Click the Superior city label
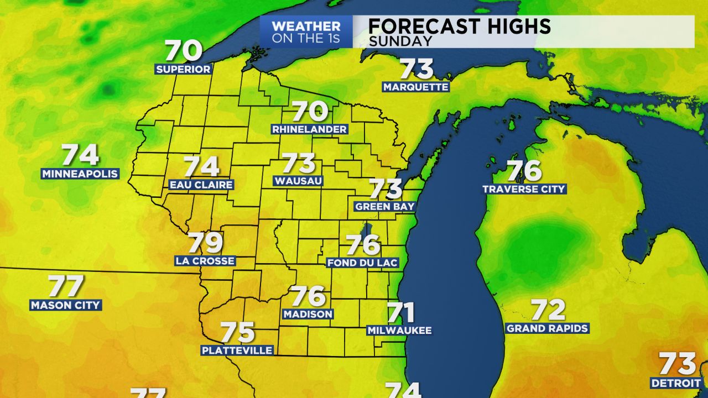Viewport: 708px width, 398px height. point(183,69)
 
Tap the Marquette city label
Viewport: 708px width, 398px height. point(415,87)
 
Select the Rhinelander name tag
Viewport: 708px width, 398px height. point(310,129)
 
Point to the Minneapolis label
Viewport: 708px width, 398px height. point(80,174)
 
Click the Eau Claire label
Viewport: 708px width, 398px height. point(201,185)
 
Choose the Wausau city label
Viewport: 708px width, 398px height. point(298,181)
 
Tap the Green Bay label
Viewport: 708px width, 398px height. point(385,206)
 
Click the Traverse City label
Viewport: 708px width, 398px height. point(524,188)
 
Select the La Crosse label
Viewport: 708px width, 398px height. point(205,260)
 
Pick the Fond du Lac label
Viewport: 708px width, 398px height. point(363,263)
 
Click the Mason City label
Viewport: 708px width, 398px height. point(65,305)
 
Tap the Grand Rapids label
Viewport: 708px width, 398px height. point(547,328)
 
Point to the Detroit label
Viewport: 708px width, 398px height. point(675,383)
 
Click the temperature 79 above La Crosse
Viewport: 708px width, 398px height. point(205,243)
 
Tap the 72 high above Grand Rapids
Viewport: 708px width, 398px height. point(548,310)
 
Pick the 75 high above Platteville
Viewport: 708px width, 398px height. point(237,333)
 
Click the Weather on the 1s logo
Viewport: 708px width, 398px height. point(306,32)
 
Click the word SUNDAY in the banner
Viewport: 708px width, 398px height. point(400,41)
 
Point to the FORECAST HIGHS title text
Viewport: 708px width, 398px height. point(459,26)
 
